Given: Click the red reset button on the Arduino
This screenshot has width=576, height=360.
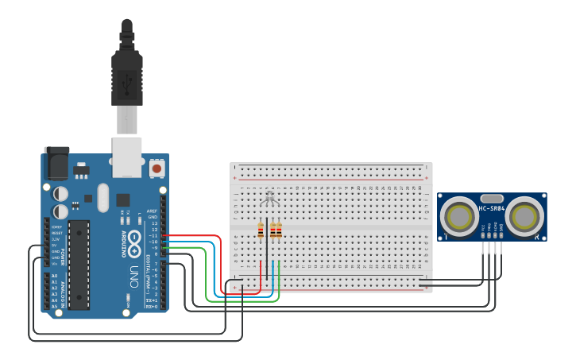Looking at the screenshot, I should pyautogui.click(x=157, y=168).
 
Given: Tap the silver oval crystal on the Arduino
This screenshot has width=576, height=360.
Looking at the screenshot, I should pyautogui.click(x=102, y=197).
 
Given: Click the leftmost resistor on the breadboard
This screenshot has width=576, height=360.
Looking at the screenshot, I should pyautogui.click(x=261, y=230).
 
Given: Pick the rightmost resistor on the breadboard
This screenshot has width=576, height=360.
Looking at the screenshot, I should pyautogui.click(x=279, y=230).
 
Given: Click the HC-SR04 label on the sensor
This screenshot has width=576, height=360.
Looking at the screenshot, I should pyautogui.click(x=492, y=209).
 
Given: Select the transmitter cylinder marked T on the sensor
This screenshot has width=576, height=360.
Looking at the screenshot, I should pyautogui.click(x=459, y=215).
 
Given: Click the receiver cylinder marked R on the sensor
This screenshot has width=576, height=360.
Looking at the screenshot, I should pyautogui.click(x=524, y=215).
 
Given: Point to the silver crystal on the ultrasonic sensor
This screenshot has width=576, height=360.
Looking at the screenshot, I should pyautogui.click(x=492, y=198).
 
